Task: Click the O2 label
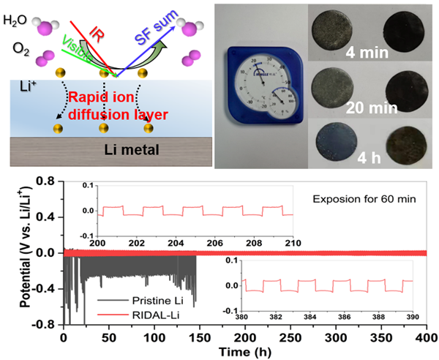15,49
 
